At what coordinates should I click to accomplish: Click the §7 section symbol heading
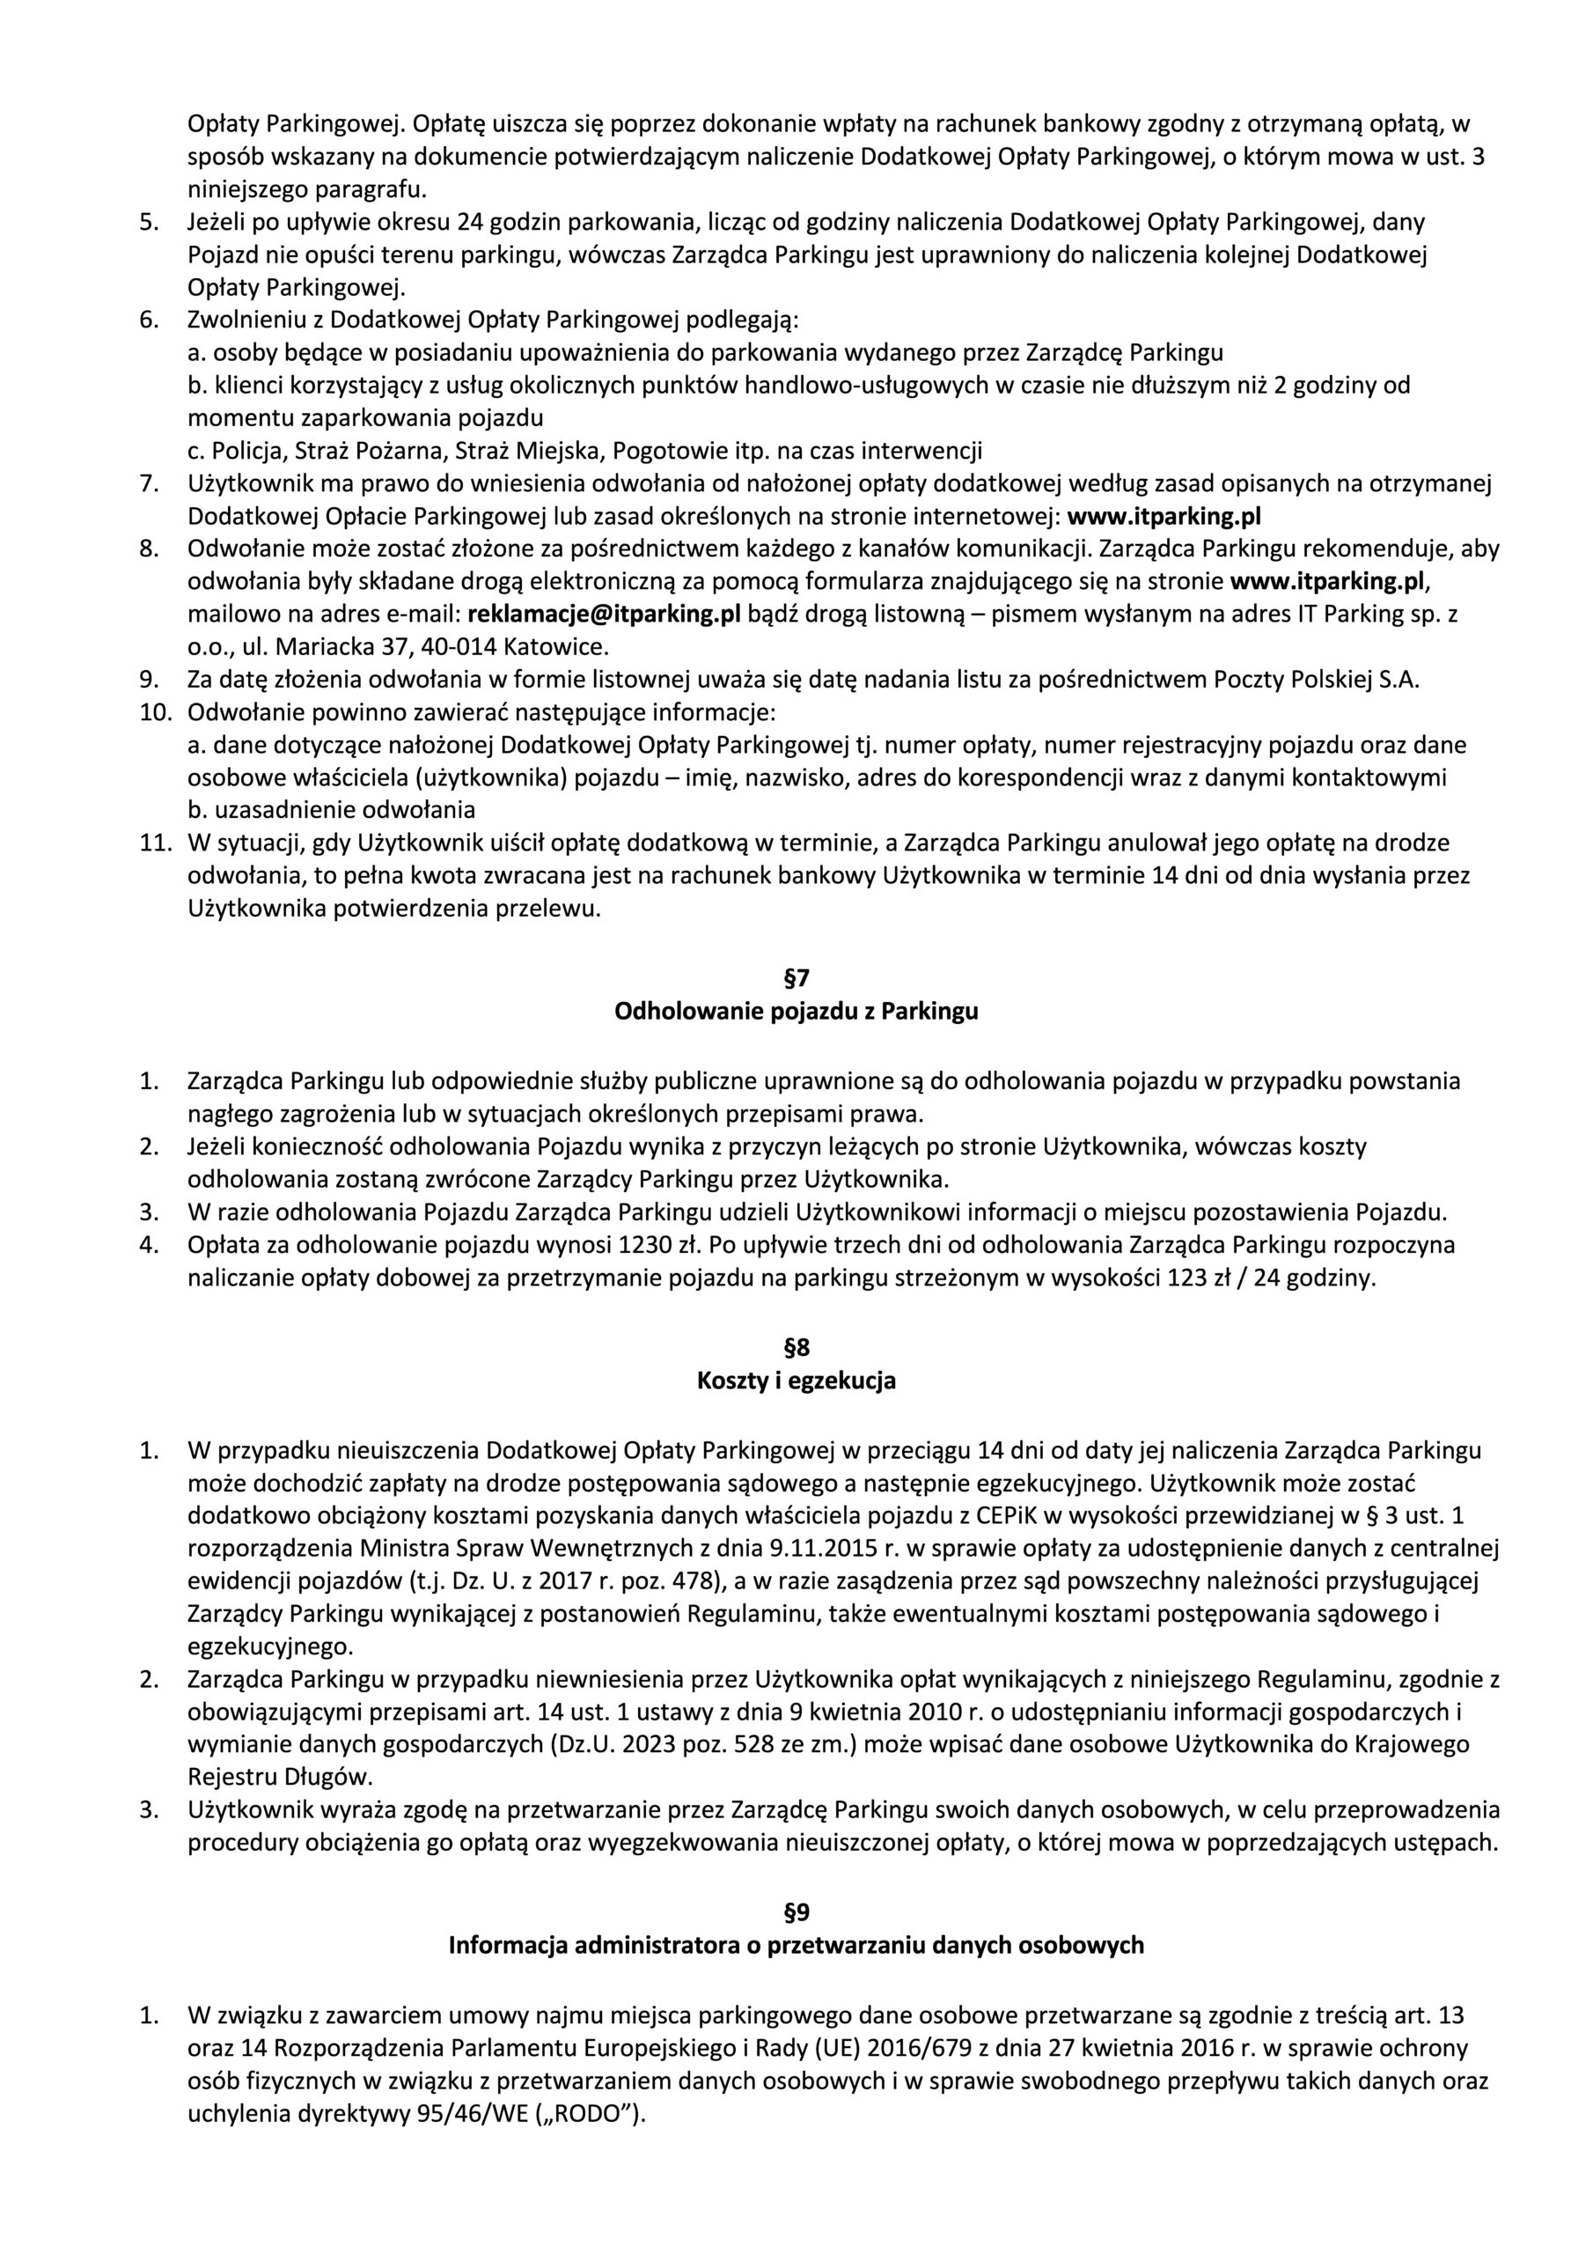pyautogui.click(x=796, y=978)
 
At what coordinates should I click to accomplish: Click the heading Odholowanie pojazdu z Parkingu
pyautogui.click(x=796, y=1011)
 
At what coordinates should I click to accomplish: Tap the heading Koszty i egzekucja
pyautogui.click(x=796, y=1381)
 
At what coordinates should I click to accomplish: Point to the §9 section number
pyautogui.click(x=796, y=1912)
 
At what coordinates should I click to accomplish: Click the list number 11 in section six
pyautogui.click(x=154, y=843)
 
